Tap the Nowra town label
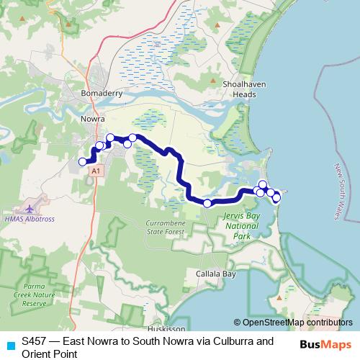[92, 119]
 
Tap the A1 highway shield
[96, 171]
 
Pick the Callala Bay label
[216, 274]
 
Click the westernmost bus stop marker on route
[83, 162]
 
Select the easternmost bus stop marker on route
[276, 197]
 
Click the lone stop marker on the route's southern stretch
[207, 204]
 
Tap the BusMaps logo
[325, 343]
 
